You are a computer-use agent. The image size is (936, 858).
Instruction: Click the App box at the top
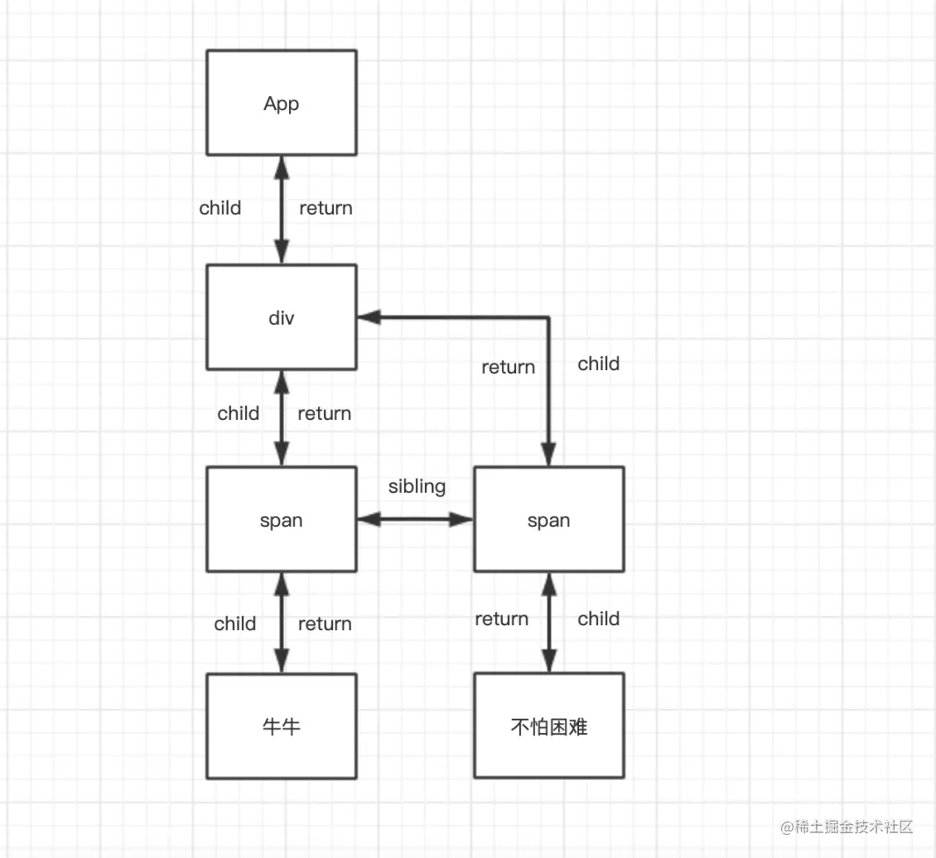coord(281,103)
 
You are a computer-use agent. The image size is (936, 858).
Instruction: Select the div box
coord(281,317)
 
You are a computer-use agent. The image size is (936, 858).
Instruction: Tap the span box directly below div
coord(281,519)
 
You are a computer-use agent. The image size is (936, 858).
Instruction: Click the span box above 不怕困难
coord(548,519)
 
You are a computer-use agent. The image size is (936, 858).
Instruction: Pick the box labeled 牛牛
coord(281,726)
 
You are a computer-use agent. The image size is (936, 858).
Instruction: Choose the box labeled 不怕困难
coord(548,725)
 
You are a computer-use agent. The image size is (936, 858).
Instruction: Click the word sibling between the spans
coord(417,487)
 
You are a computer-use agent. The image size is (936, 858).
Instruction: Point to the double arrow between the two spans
coord(416,519)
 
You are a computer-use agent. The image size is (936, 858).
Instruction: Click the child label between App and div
coord(220,208)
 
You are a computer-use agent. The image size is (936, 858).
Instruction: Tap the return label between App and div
coord(326,208)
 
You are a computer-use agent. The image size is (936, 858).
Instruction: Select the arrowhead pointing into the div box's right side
coord(369,317)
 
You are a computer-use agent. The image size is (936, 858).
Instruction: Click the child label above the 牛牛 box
coord(234,624)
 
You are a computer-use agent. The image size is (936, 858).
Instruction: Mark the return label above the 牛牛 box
coord(325,624)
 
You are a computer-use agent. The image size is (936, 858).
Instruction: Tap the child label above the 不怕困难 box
coord(598,619)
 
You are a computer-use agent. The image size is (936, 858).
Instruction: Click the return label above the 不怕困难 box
coord(501,619)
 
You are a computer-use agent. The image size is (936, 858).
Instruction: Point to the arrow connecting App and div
coord(281,210)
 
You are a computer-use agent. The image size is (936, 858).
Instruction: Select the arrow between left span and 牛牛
coord(281,623)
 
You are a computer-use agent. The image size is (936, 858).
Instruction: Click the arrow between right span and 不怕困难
coord(548,622)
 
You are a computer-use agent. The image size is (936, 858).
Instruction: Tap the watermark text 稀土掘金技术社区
coord(854,827)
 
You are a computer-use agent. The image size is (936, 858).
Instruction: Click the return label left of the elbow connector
coord(508,367)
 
